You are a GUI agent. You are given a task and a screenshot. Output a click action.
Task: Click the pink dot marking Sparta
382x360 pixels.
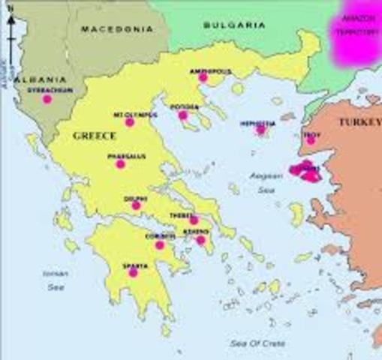coord(133,272)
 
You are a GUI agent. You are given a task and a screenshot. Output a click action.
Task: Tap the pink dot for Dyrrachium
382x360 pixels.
coord(47,99)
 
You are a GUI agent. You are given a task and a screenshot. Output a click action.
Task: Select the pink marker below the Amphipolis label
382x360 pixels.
coord(203,77)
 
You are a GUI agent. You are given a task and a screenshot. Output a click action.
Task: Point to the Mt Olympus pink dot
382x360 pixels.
coord(130,122)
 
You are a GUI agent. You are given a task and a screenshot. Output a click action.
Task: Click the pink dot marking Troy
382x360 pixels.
coord(311,139)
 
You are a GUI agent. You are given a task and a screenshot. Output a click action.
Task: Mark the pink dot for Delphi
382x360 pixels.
coord(136,205)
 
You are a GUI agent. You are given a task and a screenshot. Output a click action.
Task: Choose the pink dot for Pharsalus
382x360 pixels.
coord(120,164)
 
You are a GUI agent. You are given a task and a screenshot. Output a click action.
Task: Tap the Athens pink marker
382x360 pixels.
coord(201,240)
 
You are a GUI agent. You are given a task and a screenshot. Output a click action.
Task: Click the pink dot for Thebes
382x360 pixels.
coord(194,220)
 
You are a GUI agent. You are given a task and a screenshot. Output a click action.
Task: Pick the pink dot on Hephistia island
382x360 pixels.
coord(261,130)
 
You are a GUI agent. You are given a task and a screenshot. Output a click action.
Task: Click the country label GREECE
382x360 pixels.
coord(94,136)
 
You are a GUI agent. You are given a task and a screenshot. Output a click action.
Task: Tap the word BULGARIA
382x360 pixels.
coord(234,25)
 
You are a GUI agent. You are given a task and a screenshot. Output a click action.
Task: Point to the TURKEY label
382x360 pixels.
coord(359,121)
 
